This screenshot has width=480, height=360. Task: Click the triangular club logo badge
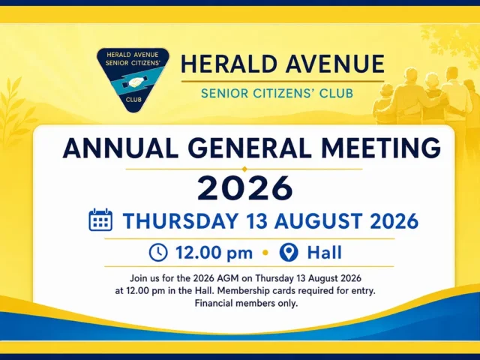(133, 79)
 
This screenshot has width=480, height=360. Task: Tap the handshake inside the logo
(135, 82)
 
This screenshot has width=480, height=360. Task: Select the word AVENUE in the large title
(337, 64)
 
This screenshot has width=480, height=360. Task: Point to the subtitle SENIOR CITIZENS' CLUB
(277, 93)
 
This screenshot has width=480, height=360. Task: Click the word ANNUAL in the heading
(121, 148)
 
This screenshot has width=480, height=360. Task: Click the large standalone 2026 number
(245, 188)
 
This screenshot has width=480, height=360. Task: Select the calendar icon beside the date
(100, 220)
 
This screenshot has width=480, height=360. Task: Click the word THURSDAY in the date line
(181, 220)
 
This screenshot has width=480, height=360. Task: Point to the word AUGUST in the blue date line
(318, 220)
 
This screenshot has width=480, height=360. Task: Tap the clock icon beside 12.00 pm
(158, 253)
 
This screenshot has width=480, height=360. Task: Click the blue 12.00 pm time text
(214, 253)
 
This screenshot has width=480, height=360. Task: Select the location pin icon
(289, 253)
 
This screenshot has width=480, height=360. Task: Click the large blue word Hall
(325, 253)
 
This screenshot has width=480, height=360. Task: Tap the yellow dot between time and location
(265, 253)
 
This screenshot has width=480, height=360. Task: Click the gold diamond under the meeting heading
(244, 169)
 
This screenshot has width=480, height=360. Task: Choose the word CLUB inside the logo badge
(133, 100)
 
